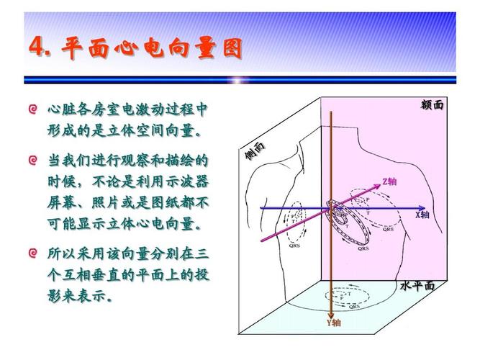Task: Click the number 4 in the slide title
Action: pos(36,47)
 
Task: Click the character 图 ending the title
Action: pos(230,48)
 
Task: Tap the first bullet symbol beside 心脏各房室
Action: pos(32,109)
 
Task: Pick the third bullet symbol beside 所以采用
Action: pos(32,253)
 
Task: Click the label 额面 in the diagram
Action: pos(432,105)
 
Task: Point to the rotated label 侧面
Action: pos(254,150)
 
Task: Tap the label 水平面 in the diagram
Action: pos(417,286)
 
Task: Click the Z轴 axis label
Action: pos(389,181)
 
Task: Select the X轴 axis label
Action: pos(422,215)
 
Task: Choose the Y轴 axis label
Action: pos(334,323)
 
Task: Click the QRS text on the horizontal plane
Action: pos(354,306)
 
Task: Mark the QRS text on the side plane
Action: pos(294,245)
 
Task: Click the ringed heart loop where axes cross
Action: pos(339,214)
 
